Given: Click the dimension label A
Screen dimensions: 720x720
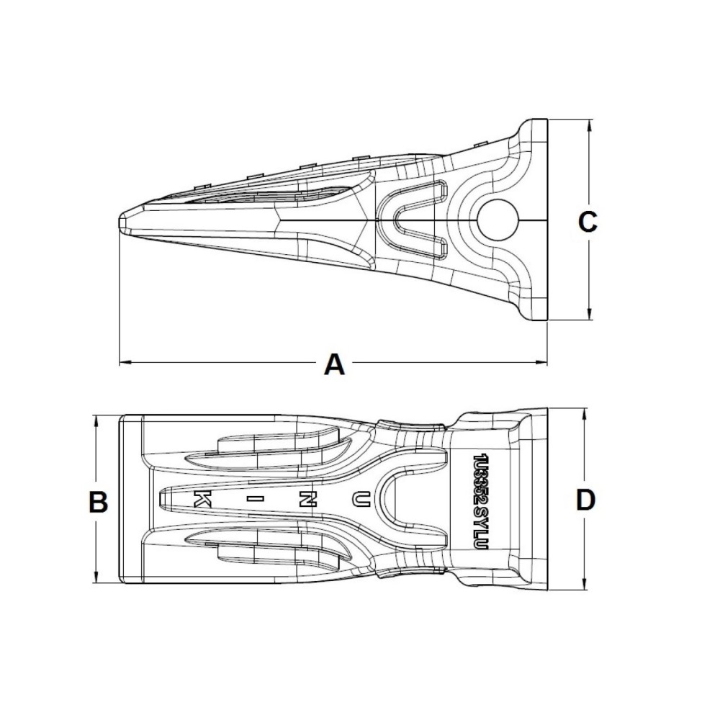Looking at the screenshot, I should coord(333,364).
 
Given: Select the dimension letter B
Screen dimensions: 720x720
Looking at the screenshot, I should coord(98,501).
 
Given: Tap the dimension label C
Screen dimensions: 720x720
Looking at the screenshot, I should coord(588,222).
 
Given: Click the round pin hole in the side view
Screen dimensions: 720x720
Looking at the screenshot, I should coord(498,218).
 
